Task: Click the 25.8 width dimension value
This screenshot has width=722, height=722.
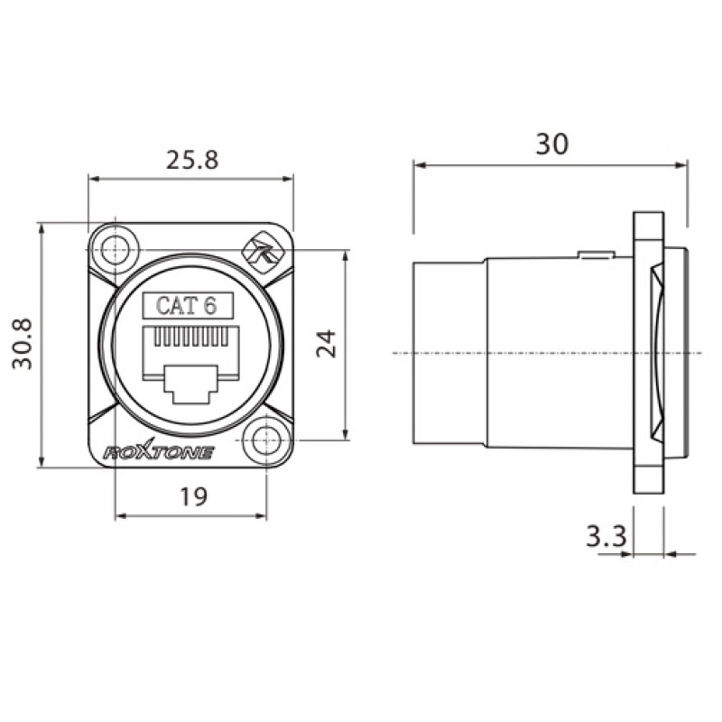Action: tap(191, 161)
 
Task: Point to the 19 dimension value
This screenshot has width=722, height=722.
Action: tap(193, 496)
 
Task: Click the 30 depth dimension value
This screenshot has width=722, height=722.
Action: tap(552, 143)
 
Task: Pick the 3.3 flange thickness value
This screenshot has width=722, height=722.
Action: tap(606, 537)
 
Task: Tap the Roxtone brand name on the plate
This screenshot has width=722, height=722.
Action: tap(159, 452)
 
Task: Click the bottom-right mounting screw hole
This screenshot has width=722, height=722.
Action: tap(267, 439)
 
